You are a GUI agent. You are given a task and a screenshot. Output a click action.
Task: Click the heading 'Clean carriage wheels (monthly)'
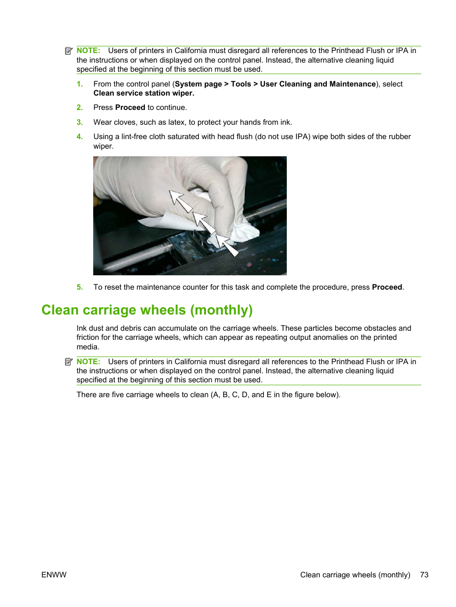147,310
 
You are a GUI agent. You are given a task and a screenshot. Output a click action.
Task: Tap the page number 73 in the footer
424,575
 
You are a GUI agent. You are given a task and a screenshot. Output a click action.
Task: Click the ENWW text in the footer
54,575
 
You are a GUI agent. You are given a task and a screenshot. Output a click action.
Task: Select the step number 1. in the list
80,84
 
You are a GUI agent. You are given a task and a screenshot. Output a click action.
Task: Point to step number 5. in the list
80,287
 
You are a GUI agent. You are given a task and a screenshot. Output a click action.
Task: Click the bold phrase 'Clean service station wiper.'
143,93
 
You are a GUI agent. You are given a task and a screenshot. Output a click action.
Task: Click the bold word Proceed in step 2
130,108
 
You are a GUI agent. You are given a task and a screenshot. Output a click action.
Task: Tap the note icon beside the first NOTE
69,51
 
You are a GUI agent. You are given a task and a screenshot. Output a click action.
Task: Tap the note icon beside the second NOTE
69,362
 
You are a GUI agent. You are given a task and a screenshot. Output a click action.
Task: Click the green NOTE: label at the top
88,51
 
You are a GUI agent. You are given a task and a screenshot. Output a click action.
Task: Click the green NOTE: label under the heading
88,362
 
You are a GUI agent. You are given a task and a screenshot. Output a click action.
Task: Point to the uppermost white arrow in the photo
180,201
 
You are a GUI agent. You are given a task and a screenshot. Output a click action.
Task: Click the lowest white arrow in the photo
227,244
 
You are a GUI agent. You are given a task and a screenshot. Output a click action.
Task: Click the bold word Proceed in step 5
387,287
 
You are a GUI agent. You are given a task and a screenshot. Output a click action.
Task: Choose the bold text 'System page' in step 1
198,84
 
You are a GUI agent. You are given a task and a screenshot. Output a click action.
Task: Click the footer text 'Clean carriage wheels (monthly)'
355,575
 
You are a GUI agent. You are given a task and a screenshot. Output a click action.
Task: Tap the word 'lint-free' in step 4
134,137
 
